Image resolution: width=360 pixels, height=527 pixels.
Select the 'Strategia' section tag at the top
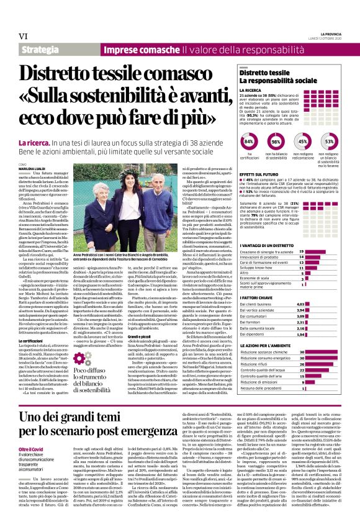pyautogui.click(x=40, y=48)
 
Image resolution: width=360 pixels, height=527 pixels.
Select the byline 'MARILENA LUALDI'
pyautogui.click(x=32, y=167)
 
